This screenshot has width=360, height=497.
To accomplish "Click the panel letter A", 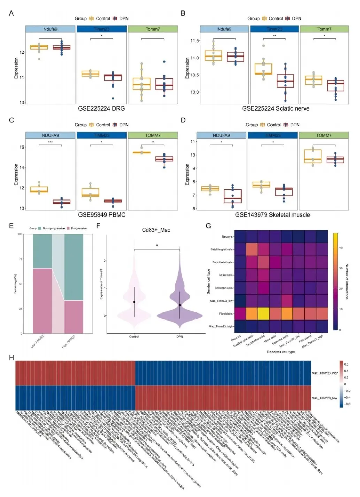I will [x=11, y=13].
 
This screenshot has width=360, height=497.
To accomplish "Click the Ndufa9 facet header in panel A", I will [x=50, y=29].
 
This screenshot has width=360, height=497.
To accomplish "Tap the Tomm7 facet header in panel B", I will [x=324, y=29].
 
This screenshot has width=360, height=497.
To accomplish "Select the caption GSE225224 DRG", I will [x=101, y=108].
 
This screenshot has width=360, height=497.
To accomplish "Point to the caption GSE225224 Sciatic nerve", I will [x=276, y=108].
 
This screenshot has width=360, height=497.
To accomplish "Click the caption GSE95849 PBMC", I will [x=102, y=215].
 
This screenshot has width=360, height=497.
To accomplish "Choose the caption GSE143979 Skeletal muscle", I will [x=273, y=215].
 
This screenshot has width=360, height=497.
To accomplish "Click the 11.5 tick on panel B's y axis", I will [x=194, y=41].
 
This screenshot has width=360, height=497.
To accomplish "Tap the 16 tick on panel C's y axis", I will [x=22, y=147].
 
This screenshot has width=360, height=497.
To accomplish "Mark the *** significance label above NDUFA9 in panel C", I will [x=50, y=142].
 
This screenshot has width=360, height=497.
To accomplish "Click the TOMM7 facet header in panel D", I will [x=324, y=135].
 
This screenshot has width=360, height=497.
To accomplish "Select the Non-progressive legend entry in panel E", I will [x=53, y=228].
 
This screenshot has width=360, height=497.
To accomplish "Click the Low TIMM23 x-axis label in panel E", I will [x=37, y=341].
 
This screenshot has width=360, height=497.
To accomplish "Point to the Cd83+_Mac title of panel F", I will [x=156, y=230].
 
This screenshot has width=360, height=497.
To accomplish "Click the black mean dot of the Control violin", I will [x=134, y=302].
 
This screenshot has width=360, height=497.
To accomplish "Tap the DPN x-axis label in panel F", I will [x=180, y=337].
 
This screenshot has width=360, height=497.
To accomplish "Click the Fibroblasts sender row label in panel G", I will [x=226, y=314].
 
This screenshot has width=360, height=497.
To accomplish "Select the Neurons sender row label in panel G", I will [x=227, y=237].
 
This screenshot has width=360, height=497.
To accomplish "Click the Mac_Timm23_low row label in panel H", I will [x=324, y=398].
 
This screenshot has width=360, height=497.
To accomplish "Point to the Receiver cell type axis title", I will [x=281, y=352].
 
